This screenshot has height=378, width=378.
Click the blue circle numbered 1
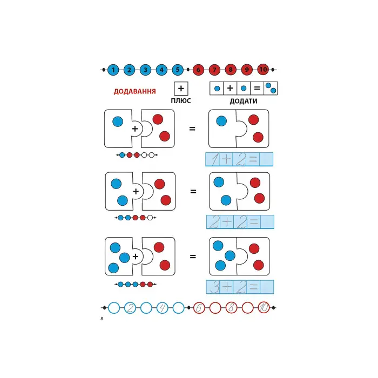click(x=113, y=70)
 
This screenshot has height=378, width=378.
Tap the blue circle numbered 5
click(x=178, y=70)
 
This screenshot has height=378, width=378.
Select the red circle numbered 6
click(x=198, y=70)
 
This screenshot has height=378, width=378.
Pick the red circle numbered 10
click(x=263, y=70)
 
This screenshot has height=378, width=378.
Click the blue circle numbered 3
click(x=145, y=70)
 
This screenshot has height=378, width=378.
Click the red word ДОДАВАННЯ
click(x=134, y=91)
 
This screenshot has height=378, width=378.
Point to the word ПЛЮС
click(x=181, y=101)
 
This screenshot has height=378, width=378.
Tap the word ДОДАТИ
click(x=243, y=101)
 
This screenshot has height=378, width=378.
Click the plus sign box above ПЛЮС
click(x=181, y=88)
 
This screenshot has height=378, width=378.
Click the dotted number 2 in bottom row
click(x=130, y=308)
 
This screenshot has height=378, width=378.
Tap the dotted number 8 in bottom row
click(x=231, y=308)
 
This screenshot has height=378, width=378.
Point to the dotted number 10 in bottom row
click(x=264, y=308)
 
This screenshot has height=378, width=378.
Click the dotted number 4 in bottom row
click(x=162, y=308)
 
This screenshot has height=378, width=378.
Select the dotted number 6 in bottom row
click(x=198, y=308)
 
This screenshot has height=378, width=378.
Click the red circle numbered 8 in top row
click(x=231, y=70)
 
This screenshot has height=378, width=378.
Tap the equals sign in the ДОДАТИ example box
click(x=257, y=88)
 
